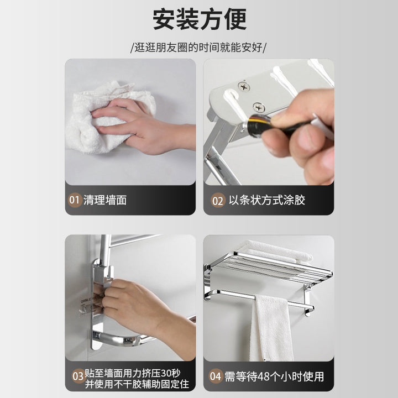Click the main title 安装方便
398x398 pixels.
click(200, 19)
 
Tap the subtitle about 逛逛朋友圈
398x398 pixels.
click(198, 48)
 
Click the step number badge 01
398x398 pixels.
click(75, 200)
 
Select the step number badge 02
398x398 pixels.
click(218, 200)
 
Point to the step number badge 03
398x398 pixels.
click(78, 376)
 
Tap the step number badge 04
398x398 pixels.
click(216, 376)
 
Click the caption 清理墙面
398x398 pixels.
click(105, 200)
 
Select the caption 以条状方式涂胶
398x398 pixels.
click(267, 200)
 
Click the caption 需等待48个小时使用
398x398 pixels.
click(274, 376)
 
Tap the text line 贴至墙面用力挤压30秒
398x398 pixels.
click(133, 373)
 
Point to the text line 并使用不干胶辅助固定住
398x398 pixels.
click(137, 384)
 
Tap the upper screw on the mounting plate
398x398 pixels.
click(244, 87)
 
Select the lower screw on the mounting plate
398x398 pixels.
click(259, 107)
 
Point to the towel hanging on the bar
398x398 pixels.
click(271, 327)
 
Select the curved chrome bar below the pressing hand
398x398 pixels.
click(119, 339)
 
